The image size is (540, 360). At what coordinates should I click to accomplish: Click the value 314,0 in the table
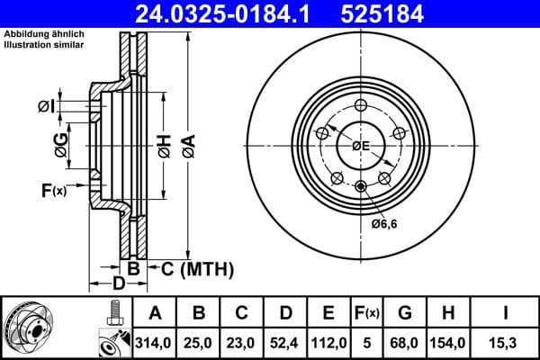[x=155, y=343]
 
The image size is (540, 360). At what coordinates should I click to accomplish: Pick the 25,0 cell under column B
[x=199, y=343]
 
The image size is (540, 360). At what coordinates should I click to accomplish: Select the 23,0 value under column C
[x=242, y=343]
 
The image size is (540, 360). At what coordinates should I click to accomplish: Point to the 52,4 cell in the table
[x=285, y=343]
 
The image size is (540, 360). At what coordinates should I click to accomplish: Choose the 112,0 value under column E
[x=328, y=343]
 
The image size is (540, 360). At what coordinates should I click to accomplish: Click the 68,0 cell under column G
[x=405, y=343]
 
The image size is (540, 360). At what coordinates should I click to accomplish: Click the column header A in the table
[x=155, y=314]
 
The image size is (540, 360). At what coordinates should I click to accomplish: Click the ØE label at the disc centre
[x=360, y=146]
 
